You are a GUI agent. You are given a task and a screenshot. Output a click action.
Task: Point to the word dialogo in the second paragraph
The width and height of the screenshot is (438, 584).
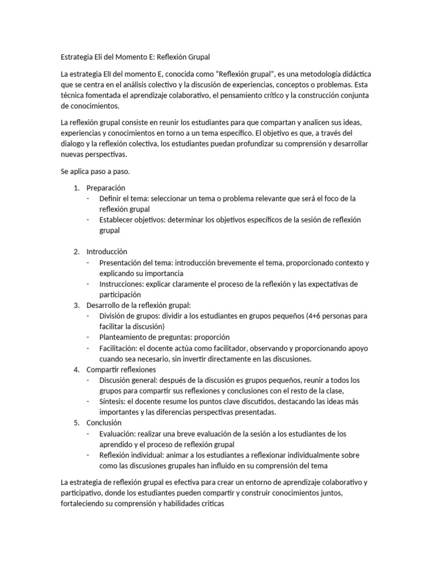75,144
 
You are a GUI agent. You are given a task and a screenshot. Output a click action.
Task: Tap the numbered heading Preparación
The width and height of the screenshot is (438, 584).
106,188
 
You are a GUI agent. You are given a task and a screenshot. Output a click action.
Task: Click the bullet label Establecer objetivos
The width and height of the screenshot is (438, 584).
132,220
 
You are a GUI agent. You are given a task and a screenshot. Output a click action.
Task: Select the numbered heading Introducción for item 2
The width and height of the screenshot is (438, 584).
107,252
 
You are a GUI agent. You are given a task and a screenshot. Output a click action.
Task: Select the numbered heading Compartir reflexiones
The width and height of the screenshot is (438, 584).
121,369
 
